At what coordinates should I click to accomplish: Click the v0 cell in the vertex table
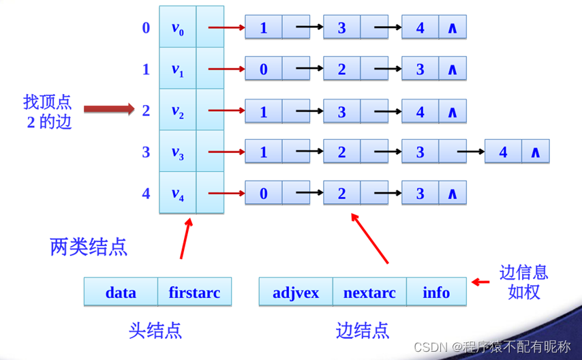[178, 28]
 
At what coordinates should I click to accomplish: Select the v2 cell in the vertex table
[178, 111]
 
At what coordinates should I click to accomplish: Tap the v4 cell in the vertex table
[178, 194]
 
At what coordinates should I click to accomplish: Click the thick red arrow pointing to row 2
[110, 108]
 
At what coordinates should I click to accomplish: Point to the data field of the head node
[121, 292]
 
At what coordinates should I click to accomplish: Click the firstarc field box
[194, 292]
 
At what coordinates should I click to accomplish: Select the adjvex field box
[296, 292]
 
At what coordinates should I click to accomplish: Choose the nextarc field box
[369, 292]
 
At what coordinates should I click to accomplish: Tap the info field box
[436, 292]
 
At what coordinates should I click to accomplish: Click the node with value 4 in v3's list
[504, 152]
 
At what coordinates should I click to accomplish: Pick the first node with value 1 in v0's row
[264, 28]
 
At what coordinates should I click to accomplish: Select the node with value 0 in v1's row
[264, 70]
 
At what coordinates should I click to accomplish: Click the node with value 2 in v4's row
[342, 194]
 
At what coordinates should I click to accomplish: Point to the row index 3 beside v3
[146, 152]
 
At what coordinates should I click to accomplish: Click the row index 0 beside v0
[146, 28]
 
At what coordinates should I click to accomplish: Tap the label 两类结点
[89, 246]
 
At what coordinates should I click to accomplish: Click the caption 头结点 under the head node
[155, 331]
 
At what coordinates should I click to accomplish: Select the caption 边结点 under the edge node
[363, 331]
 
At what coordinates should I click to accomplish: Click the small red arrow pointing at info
[482, 282]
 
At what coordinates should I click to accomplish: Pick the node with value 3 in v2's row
[342, 111]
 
